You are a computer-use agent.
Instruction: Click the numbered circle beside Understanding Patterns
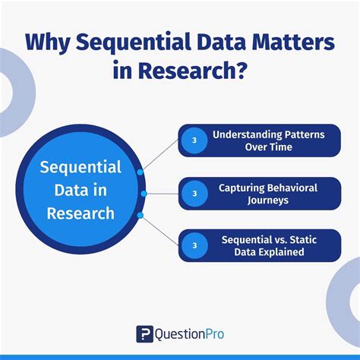pos(194,141)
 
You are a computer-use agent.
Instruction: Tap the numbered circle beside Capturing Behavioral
pos(194,194)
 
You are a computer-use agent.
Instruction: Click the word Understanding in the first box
pos(242,134)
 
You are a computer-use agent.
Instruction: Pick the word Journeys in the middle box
pos(268,200)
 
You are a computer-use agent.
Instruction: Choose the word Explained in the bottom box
pos(284,252)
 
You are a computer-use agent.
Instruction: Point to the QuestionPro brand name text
pos(190,333)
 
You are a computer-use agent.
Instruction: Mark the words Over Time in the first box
pos(268,147)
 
